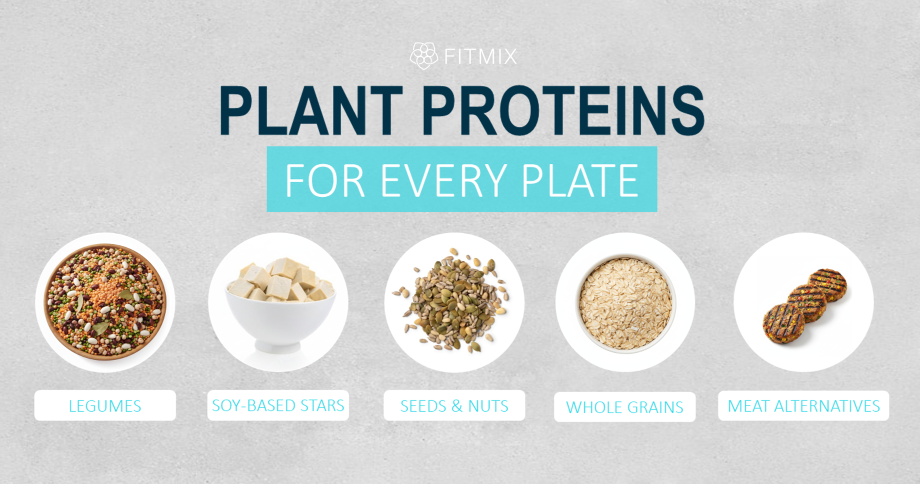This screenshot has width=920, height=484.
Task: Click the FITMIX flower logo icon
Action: click(424, 55)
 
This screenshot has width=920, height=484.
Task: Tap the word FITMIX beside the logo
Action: click(480, 56)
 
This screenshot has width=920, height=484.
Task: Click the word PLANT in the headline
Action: click(311, 110)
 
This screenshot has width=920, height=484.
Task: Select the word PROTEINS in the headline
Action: click(563, 110)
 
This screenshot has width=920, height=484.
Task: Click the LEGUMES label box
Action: click(105, 406)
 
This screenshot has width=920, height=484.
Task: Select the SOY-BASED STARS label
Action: click(278, 405)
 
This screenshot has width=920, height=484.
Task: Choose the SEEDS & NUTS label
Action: click(454, 406)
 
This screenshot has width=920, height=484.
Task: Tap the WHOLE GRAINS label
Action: click(624, 407)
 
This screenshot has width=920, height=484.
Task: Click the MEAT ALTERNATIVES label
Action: click(803, 406)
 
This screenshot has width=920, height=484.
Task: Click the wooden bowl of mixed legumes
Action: click(105, 302)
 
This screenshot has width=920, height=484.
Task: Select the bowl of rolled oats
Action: click(625, 303)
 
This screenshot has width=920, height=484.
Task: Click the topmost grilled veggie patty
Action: click(827, 284)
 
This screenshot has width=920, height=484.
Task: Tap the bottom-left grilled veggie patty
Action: click(783, 324)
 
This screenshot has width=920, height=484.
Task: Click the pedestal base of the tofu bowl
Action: click(278, 346)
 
